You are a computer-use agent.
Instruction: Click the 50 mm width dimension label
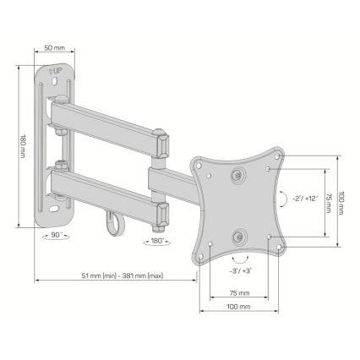tap(54, 48)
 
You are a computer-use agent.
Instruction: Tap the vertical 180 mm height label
tap(22, 145)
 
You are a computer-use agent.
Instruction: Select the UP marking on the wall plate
tap(55, 71)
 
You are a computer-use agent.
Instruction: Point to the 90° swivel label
tap(57, 234)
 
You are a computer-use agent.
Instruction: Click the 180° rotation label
tap(157, 241)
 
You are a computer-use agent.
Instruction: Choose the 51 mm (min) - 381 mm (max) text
tap(123, 275)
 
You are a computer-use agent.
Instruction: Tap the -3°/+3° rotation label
tap(240, 270)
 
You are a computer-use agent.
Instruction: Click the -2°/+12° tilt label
tap(305, 199)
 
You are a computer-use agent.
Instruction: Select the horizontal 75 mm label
tap(239, 293)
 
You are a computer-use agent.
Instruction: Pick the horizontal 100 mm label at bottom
tap(239, 307)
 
